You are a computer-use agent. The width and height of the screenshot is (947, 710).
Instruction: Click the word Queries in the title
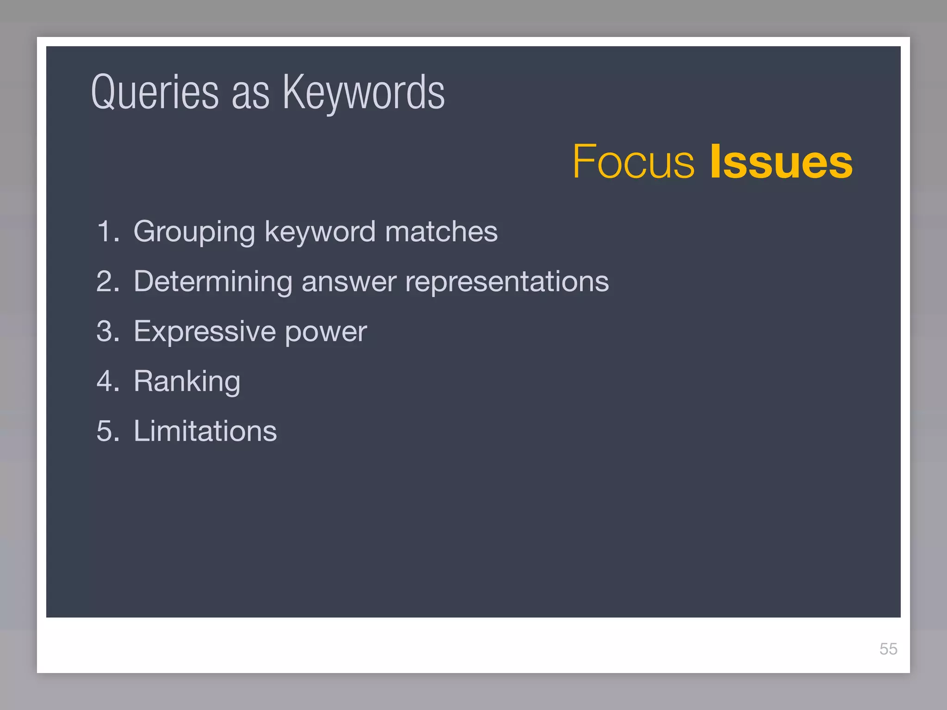[x=155, y=92]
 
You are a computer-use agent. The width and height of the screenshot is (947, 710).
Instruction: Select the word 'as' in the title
[x=250, y=95]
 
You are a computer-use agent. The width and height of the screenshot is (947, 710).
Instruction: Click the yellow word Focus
[x=633, y=161]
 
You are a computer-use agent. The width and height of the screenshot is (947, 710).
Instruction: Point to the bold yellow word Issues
[x=781, y=161]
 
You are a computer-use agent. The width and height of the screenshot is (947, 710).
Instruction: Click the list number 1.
[x=108, y=231]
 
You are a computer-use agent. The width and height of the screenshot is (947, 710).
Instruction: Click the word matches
[x=441, y=231]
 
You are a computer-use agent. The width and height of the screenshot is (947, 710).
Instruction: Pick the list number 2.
[x=108, y=281]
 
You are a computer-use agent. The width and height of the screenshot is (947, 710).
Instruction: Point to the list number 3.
[x=108, y=331]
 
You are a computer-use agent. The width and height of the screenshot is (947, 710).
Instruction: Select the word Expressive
[x=205, y=331]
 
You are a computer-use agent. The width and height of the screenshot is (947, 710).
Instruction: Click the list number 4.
[x=108, y=381]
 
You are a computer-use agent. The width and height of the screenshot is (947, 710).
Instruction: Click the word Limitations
[x=205, y=431]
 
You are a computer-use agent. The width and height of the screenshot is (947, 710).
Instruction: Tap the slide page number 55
[x=888, y=649]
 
